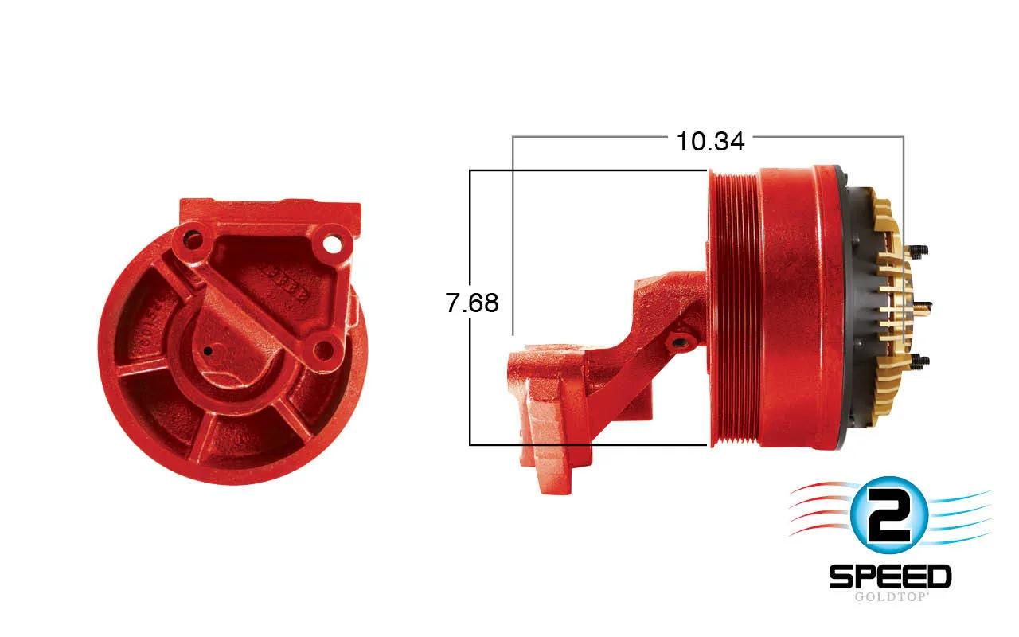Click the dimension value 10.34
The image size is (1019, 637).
[x=710, y=142]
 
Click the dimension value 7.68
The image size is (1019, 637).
[x=472, y=303]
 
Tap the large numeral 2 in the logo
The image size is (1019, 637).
[x=888, y=516]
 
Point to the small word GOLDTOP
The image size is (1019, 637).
[x=890, y=596]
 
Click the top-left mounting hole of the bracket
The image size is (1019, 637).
[x=193, y=240]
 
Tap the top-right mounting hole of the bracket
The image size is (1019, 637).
[x=332, y=244]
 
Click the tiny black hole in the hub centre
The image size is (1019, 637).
[x=208, y=351]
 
